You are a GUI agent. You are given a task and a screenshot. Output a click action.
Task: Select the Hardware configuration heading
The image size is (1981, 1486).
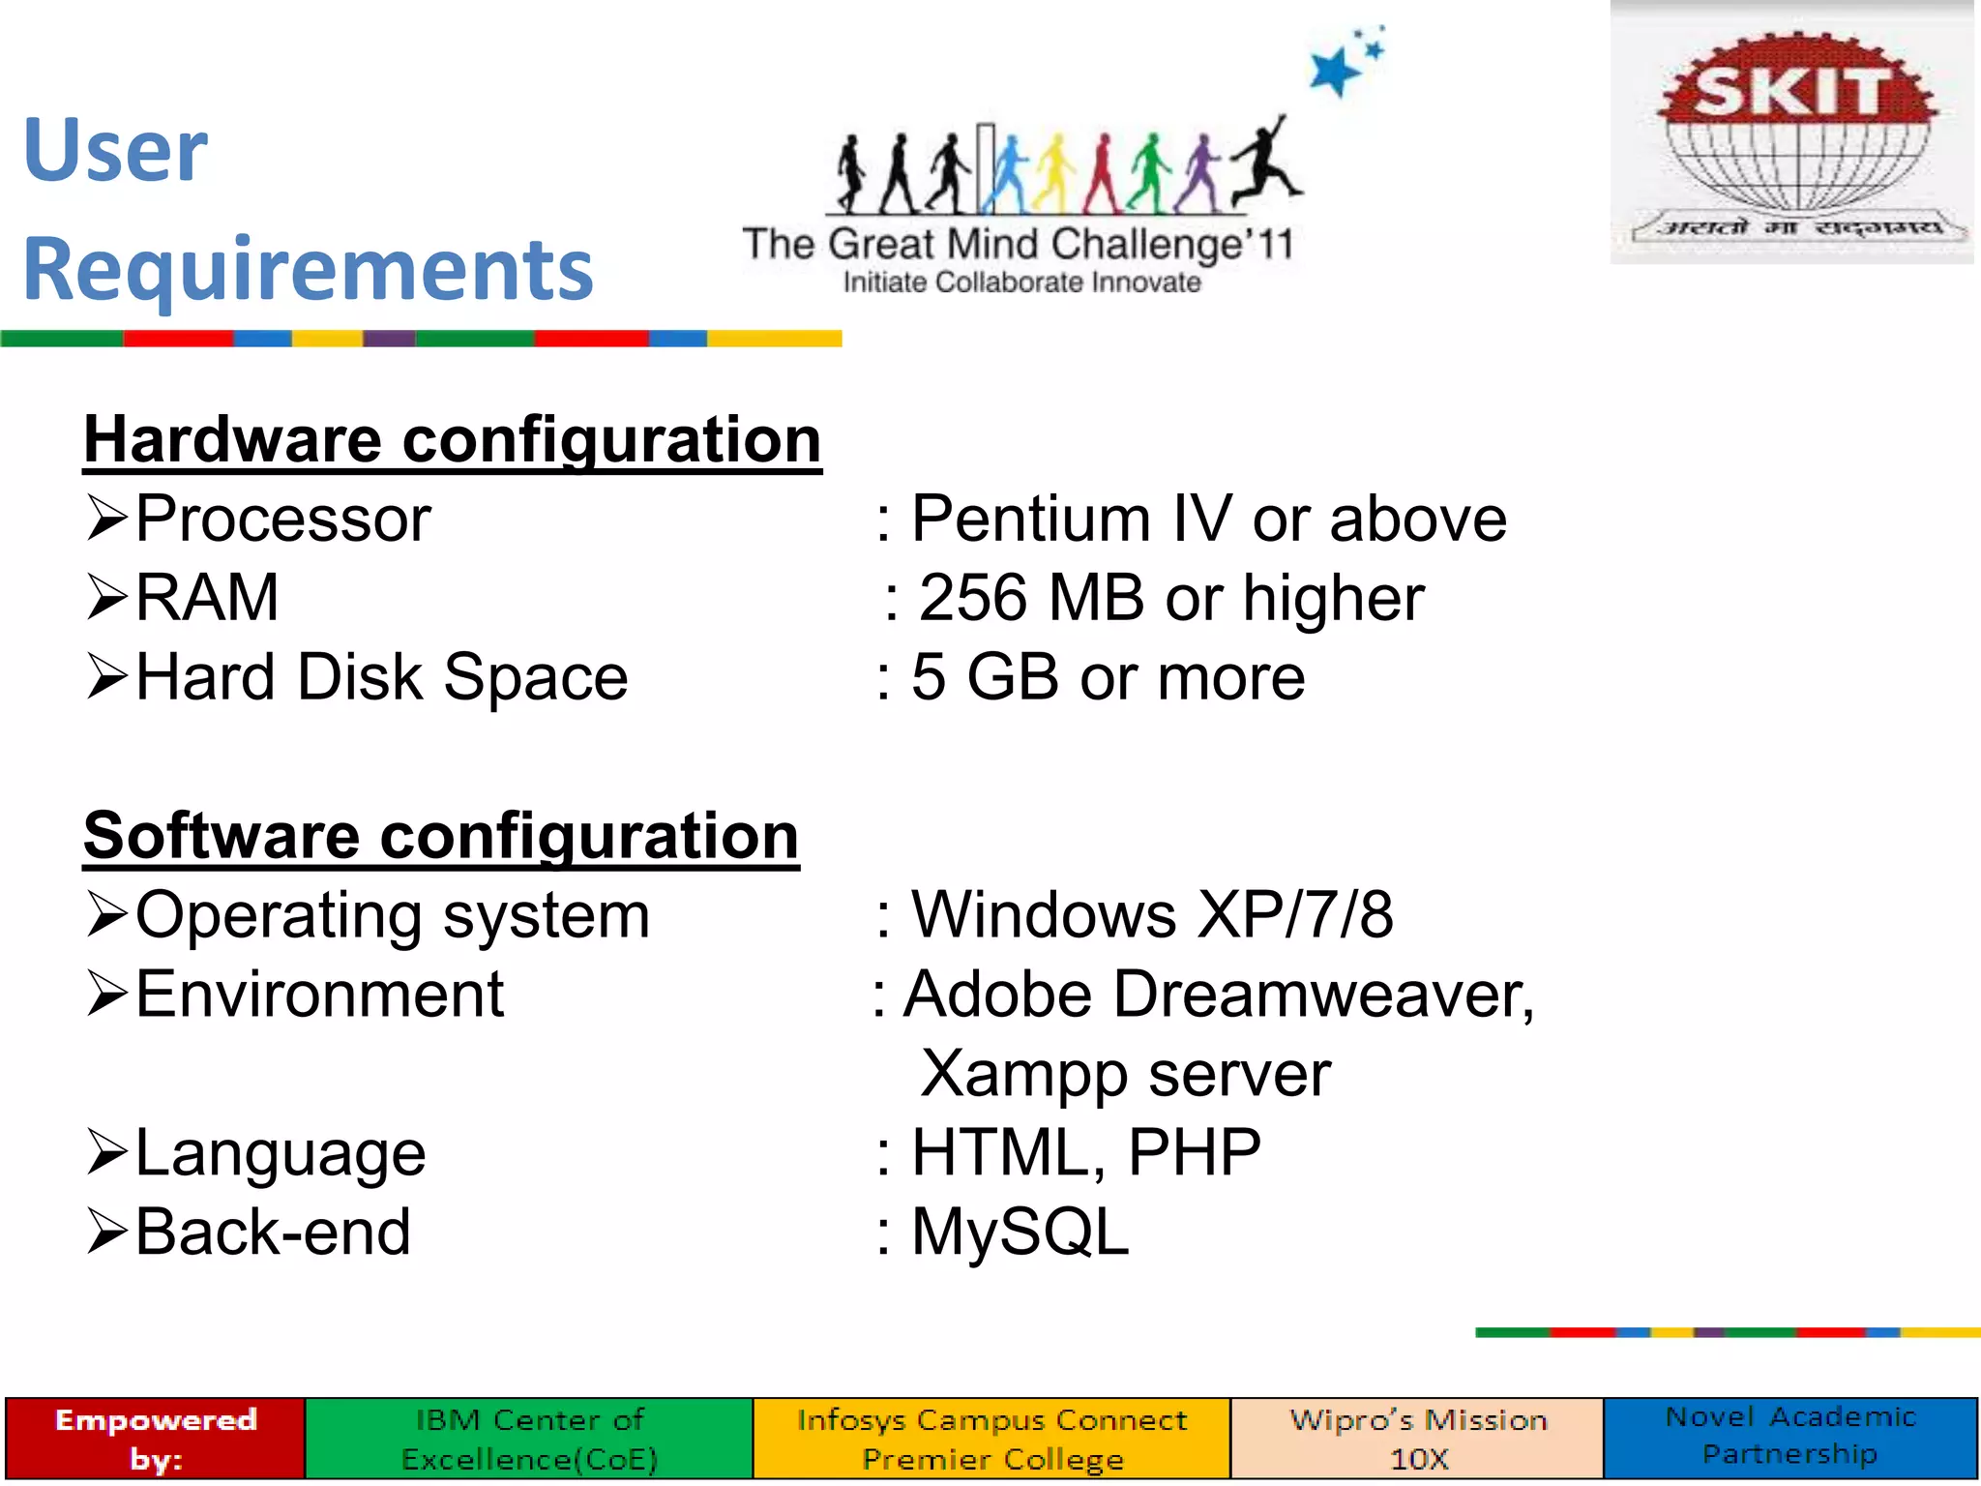(x=452, y=440)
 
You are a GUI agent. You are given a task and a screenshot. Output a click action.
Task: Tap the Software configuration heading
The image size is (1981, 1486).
(x=441, y=836)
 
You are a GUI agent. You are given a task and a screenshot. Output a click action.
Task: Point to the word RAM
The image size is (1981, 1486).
(x=207, y=597)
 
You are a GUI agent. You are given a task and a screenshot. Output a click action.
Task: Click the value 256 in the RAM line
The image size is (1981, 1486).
(x=972, y=598)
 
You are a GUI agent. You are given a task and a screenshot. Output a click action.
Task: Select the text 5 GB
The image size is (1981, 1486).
(x=985, y=676)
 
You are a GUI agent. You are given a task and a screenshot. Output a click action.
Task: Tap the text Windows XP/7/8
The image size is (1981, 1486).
(x=1152, y=915)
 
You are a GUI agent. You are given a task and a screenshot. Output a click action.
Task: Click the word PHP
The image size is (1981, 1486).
(x=1195, y=1152)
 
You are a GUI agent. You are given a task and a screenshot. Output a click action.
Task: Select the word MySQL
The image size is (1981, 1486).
(x=1020, y=1233)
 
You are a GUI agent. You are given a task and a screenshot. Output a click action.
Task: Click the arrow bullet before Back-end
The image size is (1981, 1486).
(x=106, y=1232)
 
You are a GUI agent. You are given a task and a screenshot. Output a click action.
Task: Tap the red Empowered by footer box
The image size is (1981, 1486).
(x=156, y=1439)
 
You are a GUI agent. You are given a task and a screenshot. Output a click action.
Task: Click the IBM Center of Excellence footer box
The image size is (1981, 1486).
(x=529, y=1439)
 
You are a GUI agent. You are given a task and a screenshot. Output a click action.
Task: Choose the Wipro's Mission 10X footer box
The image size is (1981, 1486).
(x=1418, y=1439)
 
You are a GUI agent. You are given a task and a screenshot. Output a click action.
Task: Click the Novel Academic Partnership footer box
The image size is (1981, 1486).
(x=1790, y=1437)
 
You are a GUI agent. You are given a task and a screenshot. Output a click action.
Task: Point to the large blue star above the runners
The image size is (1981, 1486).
(x=1334, y=72)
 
